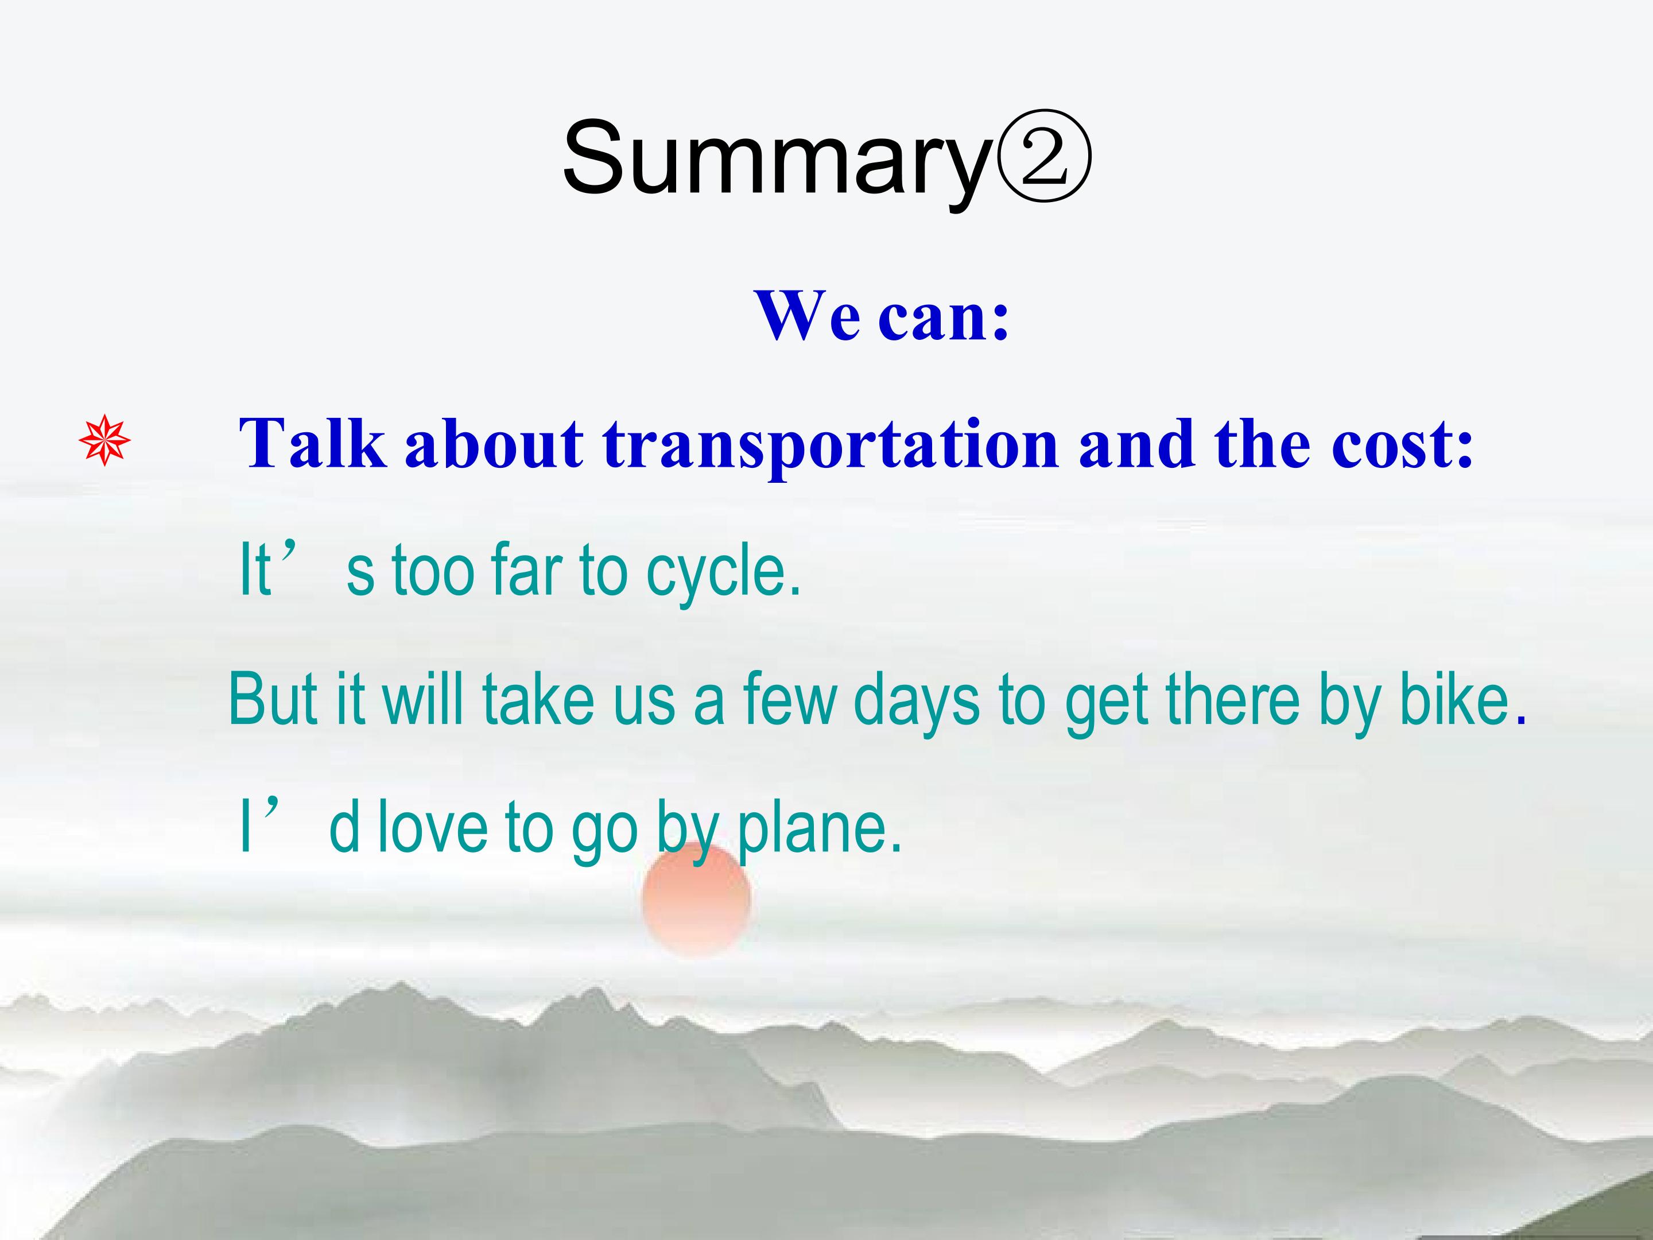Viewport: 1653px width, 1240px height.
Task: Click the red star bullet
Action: coord(104,440)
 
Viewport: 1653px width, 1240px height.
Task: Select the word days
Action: coord(916,703)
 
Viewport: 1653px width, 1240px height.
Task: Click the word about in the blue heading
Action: coord(494,444)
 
